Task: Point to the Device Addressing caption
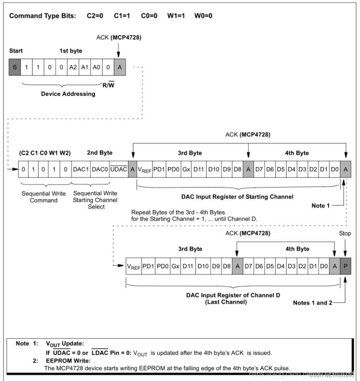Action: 68,94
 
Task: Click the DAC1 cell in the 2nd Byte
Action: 81,170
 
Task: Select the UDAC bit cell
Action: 119,170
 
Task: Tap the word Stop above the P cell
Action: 345,234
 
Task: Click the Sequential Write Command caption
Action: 44,197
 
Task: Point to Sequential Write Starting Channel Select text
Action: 95,200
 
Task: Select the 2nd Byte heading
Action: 100,153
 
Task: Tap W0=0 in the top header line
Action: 203,16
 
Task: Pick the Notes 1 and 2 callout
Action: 312,303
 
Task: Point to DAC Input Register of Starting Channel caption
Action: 237,196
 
